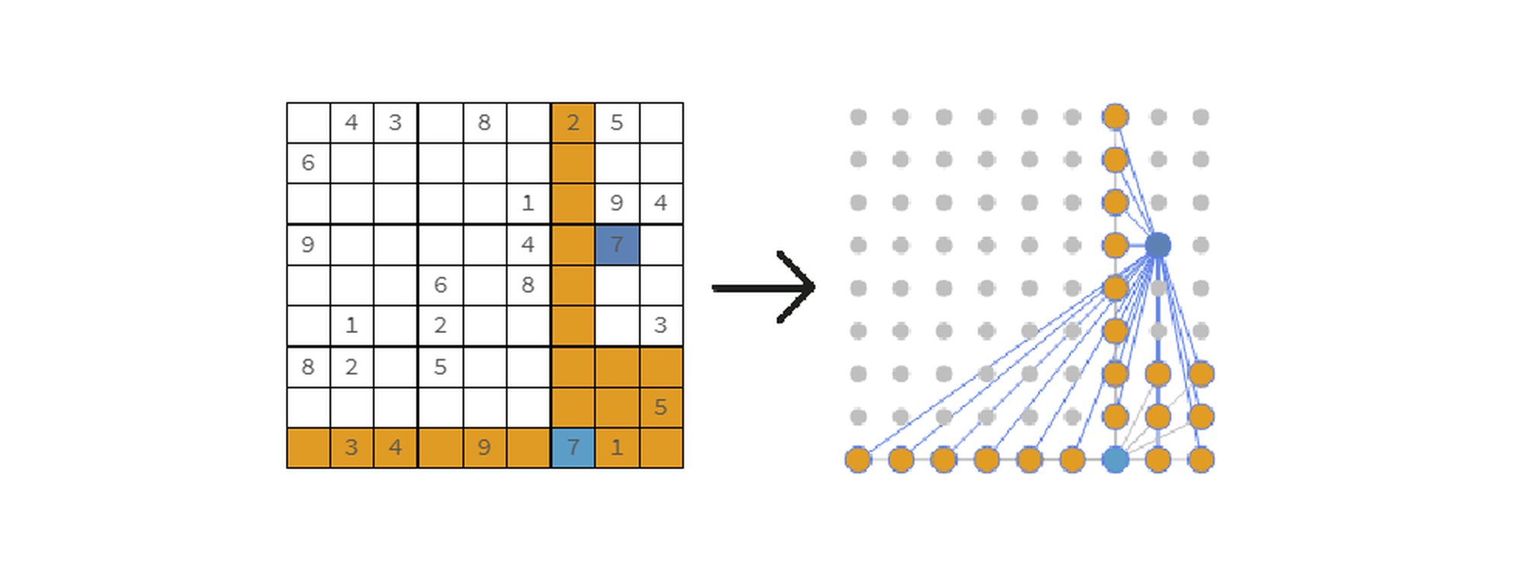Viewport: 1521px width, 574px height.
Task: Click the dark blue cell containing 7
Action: [x=617, y=245]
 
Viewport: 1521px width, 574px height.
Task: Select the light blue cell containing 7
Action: [x=573, y=448]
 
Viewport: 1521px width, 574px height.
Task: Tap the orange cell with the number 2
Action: [x=573, y=122]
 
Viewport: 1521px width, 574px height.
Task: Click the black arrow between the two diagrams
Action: [x=764, y=287]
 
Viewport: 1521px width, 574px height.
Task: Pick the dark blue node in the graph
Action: [x=1157, y=245]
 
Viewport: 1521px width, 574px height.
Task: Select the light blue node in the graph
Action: [x=1115, y=460]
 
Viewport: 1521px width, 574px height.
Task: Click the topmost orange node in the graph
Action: [x=1115, y=116]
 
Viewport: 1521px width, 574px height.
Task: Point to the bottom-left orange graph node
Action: [x=858, y=460]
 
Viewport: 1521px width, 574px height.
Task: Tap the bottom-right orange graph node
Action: [x=1201, y=460]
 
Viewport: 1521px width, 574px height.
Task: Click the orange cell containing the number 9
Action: [x=484, y=448]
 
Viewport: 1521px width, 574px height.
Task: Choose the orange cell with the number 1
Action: [x=617, y=448]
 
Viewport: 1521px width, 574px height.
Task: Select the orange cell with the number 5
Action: [x=661, y=408]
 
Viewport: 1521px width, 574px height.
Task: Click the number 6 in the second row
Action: [x=308, y=163]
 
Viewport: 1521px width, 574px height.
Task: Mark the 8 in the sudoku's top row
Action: [x=484, y=122]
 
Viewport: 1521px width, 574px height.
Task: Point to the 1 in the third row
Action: [x=528, y=204]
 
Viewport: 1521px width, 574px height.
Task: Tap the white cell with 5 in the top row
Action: [x=617, y=122]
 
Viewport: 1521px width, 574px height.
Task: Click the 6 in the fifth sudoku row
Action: [x=440, y=285]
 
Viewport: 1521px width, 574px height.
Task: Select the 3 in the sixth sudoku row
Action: [x=660, y=325]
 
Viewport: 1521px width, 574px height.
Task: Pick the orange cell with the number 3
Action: [x=351, y=448]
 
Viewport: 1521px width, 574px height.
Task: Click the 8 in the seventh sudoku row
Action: [x=308, y=367]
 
